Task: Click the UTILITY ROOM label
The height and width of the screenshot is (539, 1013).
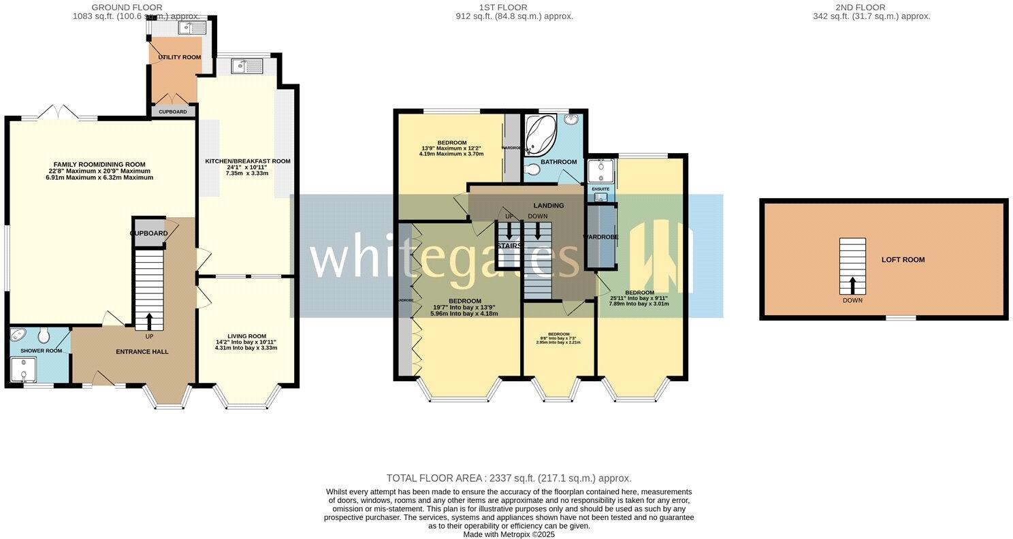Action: pyautogui.click(x=179, y=57)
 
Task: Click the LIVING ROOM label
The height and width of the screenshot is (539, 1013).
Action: pyautogui.click(x=246, y=336)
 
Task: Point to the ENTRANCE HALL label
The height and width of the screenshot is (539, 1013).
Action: pyautogui.click(x=142, y=352)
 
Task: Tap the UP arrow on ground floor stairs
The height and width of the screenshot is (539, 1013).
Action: pyautogui.click(x=149, y=321)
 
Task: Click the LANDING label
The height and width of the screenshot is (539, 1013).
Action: pyautogui.click(x=548, y=206)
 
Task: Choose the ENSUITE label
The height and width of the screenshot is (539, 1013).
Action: pyautogui.click(x=600, y=189)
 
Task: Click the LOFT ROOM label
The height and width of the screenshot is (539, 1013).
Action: pyautogui.click(x=903, y=260)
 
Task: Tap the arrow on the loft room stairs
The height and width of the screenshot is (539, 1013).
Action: pyautogui.click(x=852, y=284)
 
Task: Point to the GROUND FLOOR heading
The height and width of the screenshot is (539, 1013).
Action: pyautogui.click(x=127, y=7)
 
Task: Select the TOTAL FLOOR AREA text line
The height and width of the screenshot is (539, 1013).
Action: pyautogui.click(x=509, y=478)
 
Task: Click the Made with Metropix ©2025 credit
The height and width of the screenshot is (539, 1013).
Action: pyautogui.click(x=509, y=535)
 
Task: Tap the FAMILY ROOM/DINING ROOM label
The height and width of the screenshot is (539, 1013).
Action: pyautogui.click(x=100, y=164)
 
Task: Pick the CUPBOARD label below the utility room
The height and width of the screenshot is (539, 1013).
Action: pyautogui.click(x=172, y=112)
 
